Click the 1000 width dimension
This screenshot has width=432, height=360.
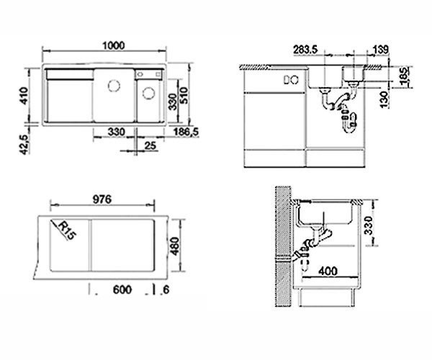click(114, 45)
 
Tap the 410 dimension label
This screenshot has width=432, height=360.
click(24, 96)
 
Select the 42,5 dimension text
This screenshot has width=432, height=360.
click(24, 145)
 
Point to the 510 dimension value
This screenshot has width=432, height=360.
click(184, 95)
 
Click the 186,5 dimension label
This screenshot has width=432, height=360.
click(186, 132)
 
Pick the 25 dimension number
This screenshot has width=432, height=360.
click(150, 146)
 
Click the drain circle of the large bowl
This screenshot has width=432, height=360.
click(114, 86)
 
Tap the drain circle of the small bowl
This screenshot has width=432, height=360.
click(148, 94)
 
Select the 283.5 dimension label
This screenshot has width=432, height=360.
click(305, 50)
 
